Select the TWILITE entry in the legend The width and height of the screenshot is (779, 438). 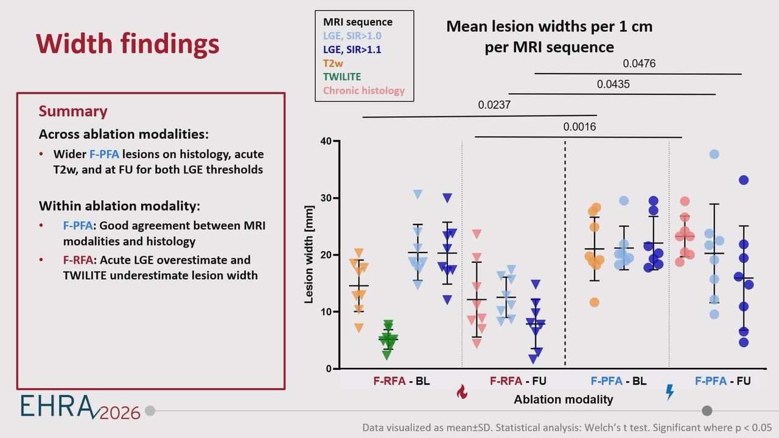341,77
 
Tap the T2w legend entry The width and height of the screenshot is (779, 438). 332,63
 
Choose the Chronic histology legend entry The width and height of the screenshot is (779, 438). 363,91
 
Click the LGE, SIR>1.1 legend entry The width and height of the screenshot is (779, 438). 352,50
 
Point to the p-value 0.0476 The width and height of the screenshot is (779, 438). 638,63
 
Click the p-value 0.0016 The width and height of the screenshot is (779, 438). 579,127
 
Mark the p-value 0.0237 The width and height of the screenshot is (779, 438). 494,105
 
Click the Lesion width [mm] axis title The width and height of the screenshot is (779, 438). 309,255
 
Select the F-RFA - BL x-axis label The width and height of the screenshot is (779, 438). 402,381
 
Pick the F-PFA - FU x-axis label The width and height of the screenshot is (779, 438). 722,381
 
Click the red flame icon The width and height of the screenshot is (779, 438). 462,392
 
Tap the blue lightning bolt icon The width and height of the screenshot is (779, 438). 670,392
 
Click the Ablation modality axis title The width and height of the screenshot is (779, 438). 563,400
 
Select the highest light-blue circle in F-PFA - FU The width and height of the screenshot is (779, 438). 714,155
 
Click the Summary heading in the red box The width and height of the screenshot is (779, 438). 73,111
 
